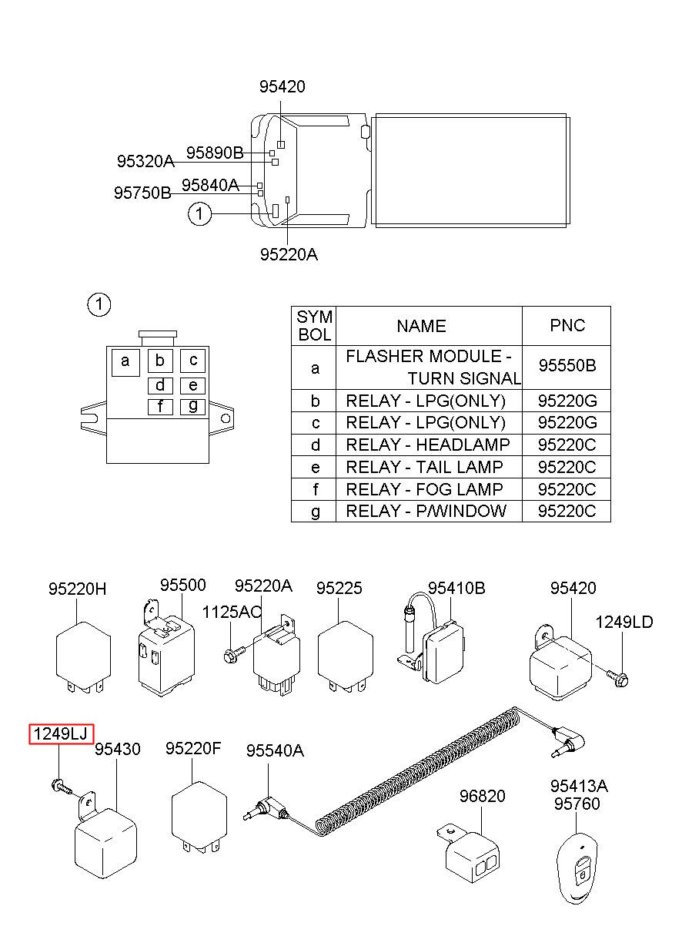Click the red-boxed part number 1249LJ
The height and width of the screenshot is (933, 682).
point(61,734)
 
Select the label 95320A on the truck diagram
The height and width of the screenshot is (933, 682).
point(145,161)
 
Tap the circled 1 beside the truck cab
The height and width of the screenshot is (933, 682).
point(199,213)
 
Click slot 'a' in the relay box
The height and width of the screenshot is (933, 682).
point(125,363)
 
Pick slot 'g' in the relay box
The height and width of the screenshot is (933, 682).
point(192,407)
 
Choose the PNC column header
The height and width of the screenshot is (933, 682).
point(567,325)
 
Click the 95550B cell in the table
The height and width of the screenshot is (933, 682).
point(567,365)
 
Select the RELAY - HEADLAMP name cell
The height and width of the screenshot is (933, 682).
point(428,445)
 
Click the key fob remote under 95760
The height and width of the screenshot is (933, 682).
point(577,866)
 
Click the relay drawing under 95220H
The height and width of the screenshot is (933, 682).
point(84,658)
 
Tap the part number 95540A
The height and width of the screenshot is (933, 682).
point(275,750)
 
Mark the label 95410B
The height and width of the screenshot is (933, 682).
point(456,588)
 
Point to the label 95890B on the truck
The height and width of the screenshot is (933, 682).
point(215,153)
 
